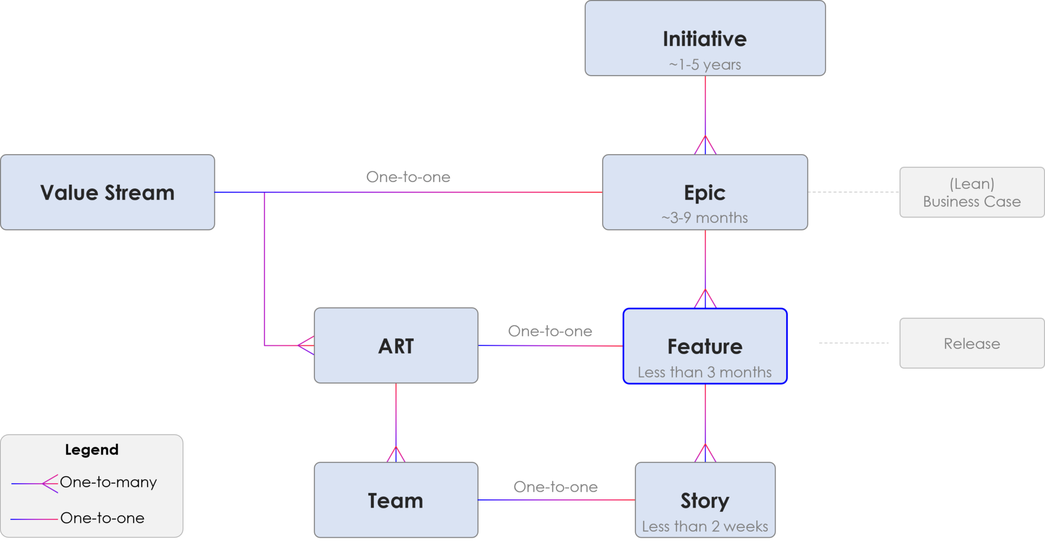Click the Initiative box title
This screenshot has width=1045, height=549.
pyautogui.click(x=705, y=39)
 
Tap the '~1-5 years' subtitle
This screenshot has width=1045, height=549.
pyautogui.click(x=705, y=65)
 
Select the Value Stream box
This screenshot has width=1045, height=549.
pyautogui.click(x=107, y=192)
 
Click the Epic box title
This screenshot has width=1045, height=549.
pyautogui.click(x=705, y=193)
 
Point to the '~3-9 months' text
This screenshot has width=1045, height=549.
pyautogui.click(x=705, y=218)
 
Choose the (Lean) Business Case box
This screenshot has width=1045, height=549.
pyautogui.click(x=972, y=192)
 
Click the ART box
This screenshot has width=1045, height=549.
pyautogui.click(x=396, y=346)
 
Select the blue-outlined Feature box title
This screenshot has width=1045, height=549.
pyautogui.click(x=705, y=346)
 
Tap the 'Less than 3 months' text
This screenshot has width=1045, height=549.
pyautogui.click(x=705, y=372)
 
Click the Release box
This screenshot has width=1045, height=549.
pyautogui.click(x=972, y=343)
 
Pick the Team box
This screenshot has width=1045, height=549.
pyautogui.click(x=396, y=501)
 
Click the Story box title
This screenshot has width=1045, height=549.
pyautogui.click(x=705, y=501)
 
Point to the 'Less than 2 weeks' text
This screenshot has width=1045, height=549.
pyautogui.click(x=705, y=526)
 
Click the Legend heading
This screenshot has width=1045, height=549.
pyautogui.click(x=92, y=450)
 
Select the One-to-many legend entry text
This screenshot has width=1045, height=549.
pyautogui.click(x=108, y=482)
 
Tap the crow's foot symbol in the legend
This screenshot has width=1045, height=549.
pyautogui.click(x=50, y=483)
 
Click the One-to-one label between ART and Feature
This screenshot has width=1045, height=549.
pyautogui.click(x=550, y=331)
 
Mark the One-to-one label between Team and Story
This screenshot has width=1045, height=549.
pyautogui.click(x=555, y=487)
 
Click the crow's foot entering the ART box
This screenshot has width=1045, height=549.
pyautogui.click(x=306, y=345)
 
